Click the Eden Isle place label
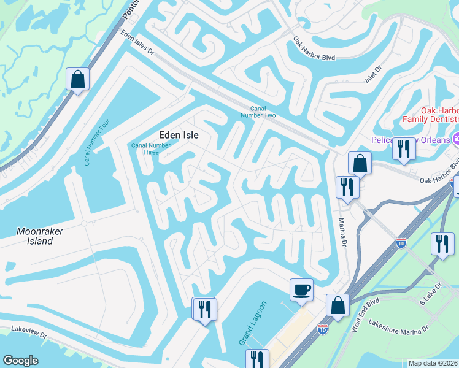(x=179, y=135)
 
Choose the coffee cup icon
(x=301, y=289)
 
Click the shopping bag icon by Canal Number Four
(x=77, y=79)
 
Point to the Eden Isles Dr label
(x=137, y=44)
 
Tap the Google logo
(x=20, y=361)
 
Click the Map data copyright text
(x=432, y=363)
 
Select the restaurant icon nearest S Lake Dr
(x=442, y=243)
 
